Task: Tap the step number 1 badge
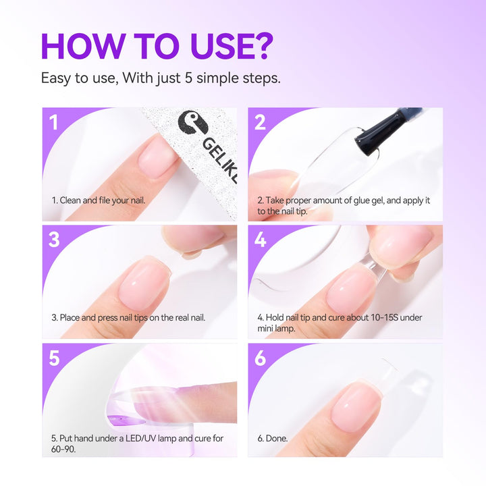54,122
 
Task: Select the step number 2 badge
261,122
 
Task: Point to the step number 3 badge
54,240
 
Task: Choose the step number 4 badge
261,240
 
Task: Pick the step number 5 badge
54,358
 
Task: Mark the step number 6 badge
261,358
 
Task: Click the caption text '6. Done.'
272,438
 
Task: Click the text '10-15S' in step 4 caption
383,317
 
